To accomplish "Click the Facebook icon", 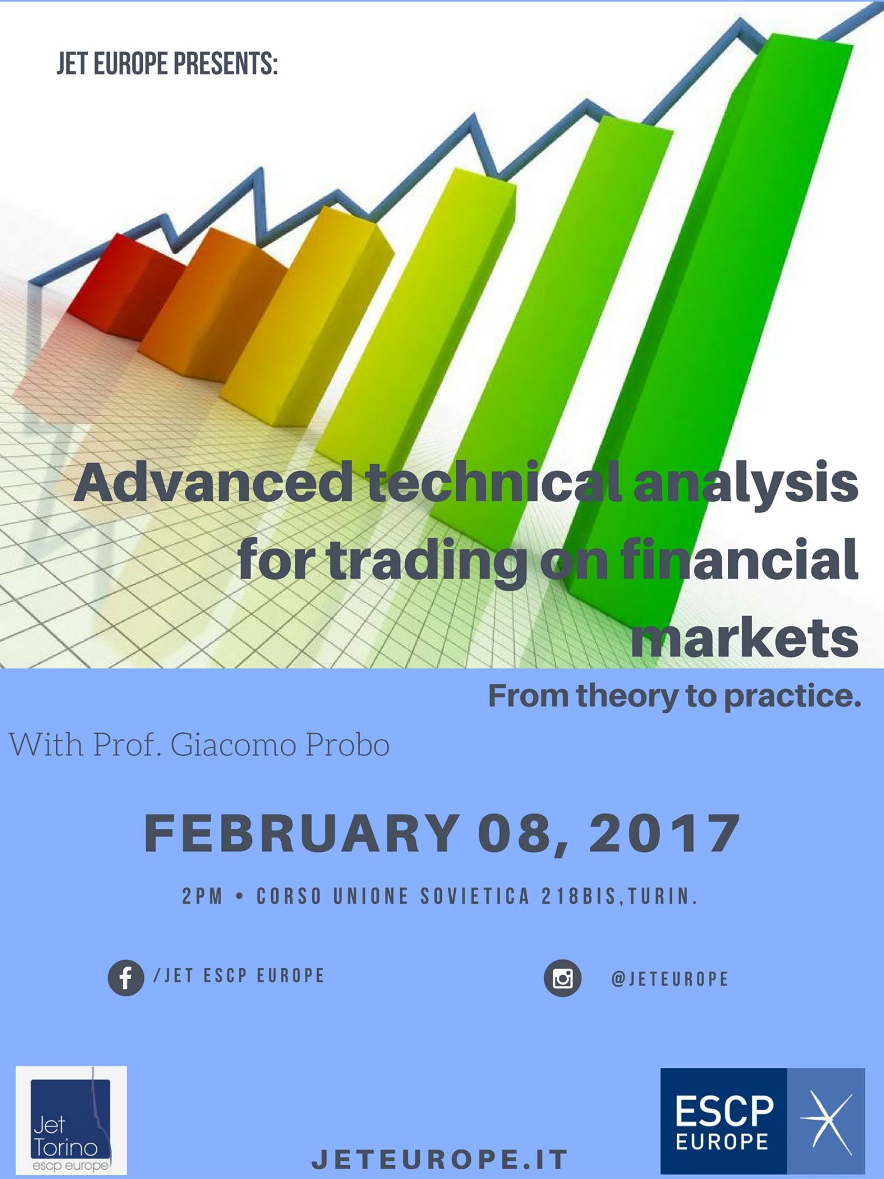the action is coord(126,977).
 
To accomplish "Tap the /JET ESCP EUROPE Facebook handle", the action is coord(239,975).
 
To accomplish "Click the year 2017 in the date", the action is coord(664,833).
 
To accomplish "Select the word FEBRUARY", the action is coord(300,833).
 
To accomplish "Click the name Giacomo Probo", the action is coord(280,744).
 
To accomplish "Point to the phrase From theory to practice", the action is coord(674,696).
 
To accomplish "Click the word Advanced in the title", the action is coord(214,482).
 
